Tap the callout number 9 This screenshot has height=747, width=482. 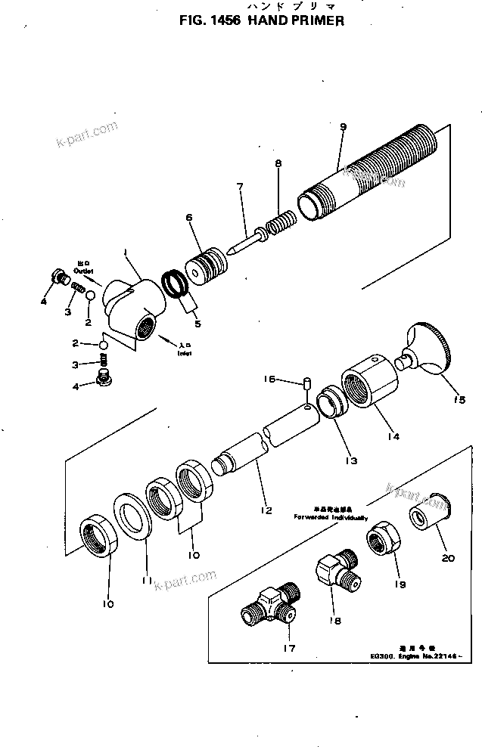[343, 128]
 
